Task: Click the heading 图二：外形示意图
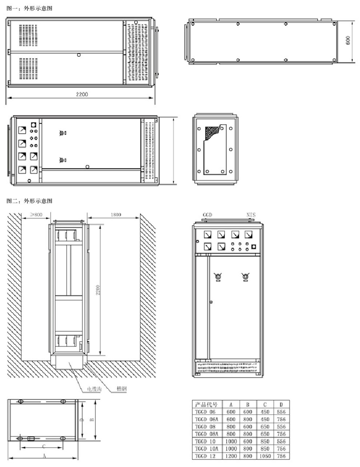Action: coord(29,201)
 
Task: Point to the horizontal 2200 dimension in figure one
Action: coord(81,95)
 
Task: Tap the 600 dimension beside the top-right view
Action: coord(348,40)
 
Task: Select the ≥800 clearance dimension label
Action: coord(36,215)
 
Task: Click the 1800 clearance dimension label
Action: coord(116,215)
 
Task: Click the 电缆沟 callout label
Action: coord(94,389)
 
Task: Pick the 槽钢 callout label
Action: coord(121,389)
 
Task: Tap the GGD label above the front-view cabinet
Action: coord(207,215)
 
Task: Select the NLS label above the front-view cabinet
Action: coord(251,215)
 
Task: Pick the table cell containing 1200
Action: coord(231,456)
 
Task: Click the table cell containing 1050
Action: coord(265,456)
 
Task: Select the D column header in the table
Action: coord(281,404)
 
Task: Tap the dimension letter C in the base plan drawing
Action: coord(44,446)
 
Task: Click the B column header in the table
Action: coord(247,404)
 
